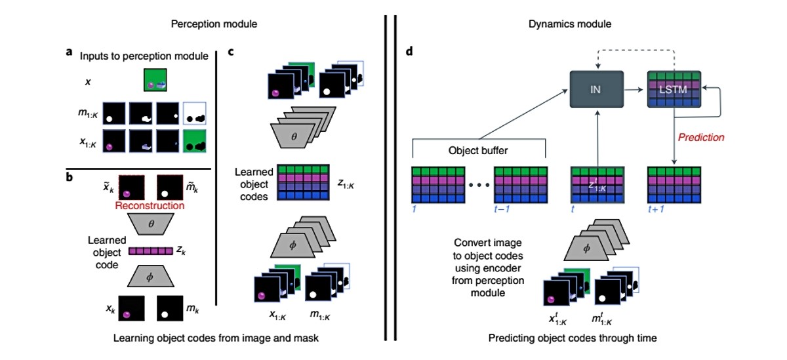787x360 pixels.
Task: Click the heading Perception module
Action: coord(213,24)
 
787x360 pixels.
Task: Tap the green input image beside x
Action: coord(157,81)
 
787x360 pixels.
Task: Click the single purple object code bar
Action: coord(151,250)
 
